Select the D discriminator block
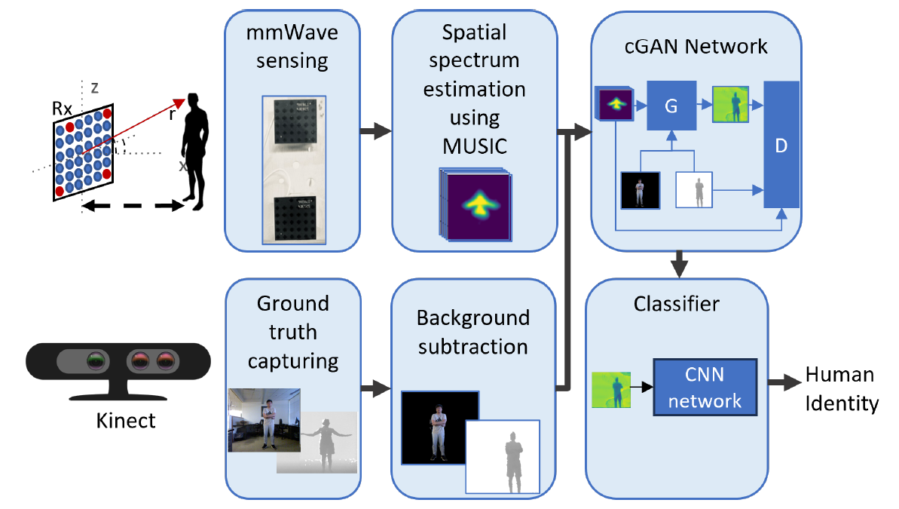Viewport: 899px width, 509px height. pyautogui.click(x=781, y=144)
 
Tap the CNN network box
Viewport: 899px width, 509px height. pyautogui.click(x=705, y=387)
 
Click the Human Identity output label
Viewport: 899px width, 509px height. pyautogui.click(x=840, y=389)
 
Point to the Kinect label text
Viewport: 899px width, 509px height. pyautogui.click(x=125, y=419)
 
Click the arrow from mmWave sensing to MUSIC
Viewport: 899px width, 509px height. pyautogui.click(x=375, y=132)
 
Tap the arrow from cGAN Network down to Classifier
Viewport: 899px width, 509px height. pyautogui.click(x=680, y=262)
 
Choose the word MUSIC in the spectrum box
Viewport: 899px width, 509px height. pyautogui.click(x=474, y=146)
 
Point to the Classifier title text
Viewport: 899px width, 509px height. pyautogui.click(x=677, y=304)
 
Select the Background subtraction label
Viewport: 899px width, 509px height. pyautogui.click(x=473, y=332)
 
